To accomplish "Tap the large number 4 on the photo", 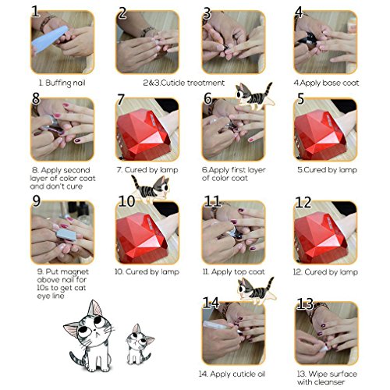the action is click(x=299, y=12).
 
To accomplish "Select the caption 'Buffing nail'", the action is click(x=65, y=83).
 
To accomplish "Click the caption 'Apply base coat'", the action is click(x=329, y=83).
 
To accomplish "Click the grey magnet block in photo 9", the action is click(x=66, y=234).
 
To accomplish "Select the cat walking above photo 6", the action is click(x=254, y=96).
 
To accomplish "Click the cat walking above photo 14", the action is click(x=256, y=290).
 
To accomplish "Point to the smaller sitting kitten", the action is click(x=139, y=345).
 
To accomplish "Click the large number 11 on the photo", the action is click(x=212, y=200).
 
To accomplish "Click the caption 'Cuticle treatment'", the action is click(x=193, y=83).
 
